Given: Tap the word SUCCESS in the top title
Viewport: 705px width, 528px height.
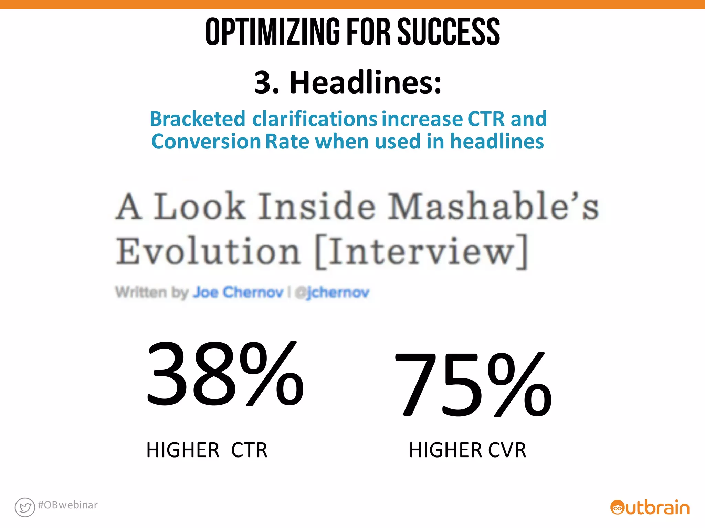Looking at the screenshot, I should (x=449, y=32).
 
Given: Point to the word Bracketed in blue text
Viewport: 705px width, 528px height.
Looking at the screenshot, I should (x=197, y=119).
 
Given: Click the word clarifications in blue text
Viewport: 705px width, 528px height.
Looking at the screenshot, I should (x=315, y=119).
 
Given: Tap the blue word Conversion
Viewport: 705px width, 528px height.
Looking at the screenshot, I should (x=206, y=142).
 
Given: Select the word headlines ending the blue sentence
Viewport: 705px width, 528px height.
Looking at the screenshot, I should (x=497, y=142).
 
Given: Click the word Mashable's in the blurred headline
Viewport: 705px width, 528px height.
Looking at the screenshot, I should (x=493, y=206).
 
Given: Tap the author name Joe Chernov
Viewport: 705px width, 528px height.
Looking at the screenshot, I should (x=238, y=293).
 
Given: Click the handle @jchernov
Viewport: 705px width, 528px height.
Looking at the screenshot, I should (x=333, y=293).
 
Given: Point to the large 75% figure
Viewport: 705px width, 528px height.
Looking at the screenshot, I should (x=473, y=384).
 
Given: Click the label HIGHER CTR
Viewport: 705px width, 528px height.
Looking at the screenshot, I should (x=207, y=450).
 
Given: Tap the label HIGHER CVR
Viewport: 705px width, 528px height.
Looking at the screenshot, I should (x=467, y=450).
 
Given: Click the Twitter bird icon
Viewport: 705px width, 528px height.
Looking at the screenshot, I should (x=25, y=507).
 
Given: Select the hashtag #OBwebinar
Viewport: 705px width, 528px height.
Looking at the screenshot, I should (x=68, y=505).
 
